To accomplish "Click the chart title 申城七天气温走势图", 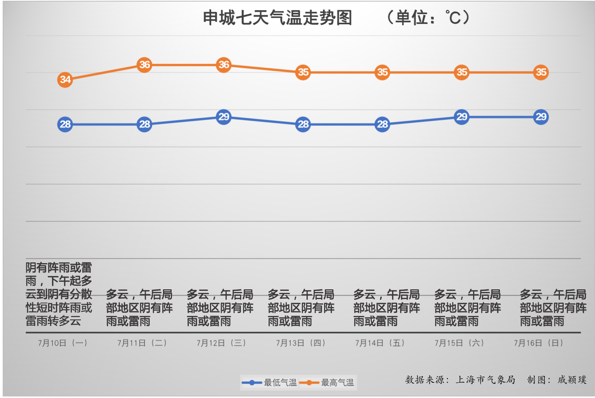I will tap(277, 18).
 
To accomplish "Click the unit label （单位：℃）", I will tap(428, 18).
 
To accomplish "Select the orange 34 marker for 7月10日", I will tap(65, 80).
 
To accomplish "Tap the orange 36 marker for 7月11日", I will tap(145, 65).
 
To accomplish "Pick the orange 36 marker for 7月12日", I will tap(224, 65).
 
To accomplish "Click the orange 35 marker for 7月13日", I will tap(303, 72).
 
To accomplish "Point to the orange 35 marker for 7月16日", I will tap(541, 72).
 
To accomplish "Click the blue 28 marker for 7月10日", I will tap(65, 124).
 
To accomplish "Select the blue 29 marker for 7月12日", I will tap(224, 117).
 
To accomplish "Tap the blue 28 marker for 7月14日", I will tap(382, 124).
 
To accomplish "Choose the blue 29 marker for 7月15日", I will tap(462, 117).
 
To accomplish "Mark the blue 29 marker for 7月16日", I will tap(541, 117).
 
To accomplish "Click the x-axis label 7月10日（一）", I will tap(63, 343).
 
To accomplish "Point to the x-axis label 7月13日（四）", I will tap(301, 343).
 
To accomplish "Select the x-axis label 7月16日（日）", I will tap(538, 343).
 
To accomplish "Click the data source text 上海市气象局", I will tap(485, 380).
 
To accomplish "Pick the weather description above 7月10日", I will tap(59, 294).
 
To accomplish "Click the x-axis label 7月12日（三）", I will tap(221, 343).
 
